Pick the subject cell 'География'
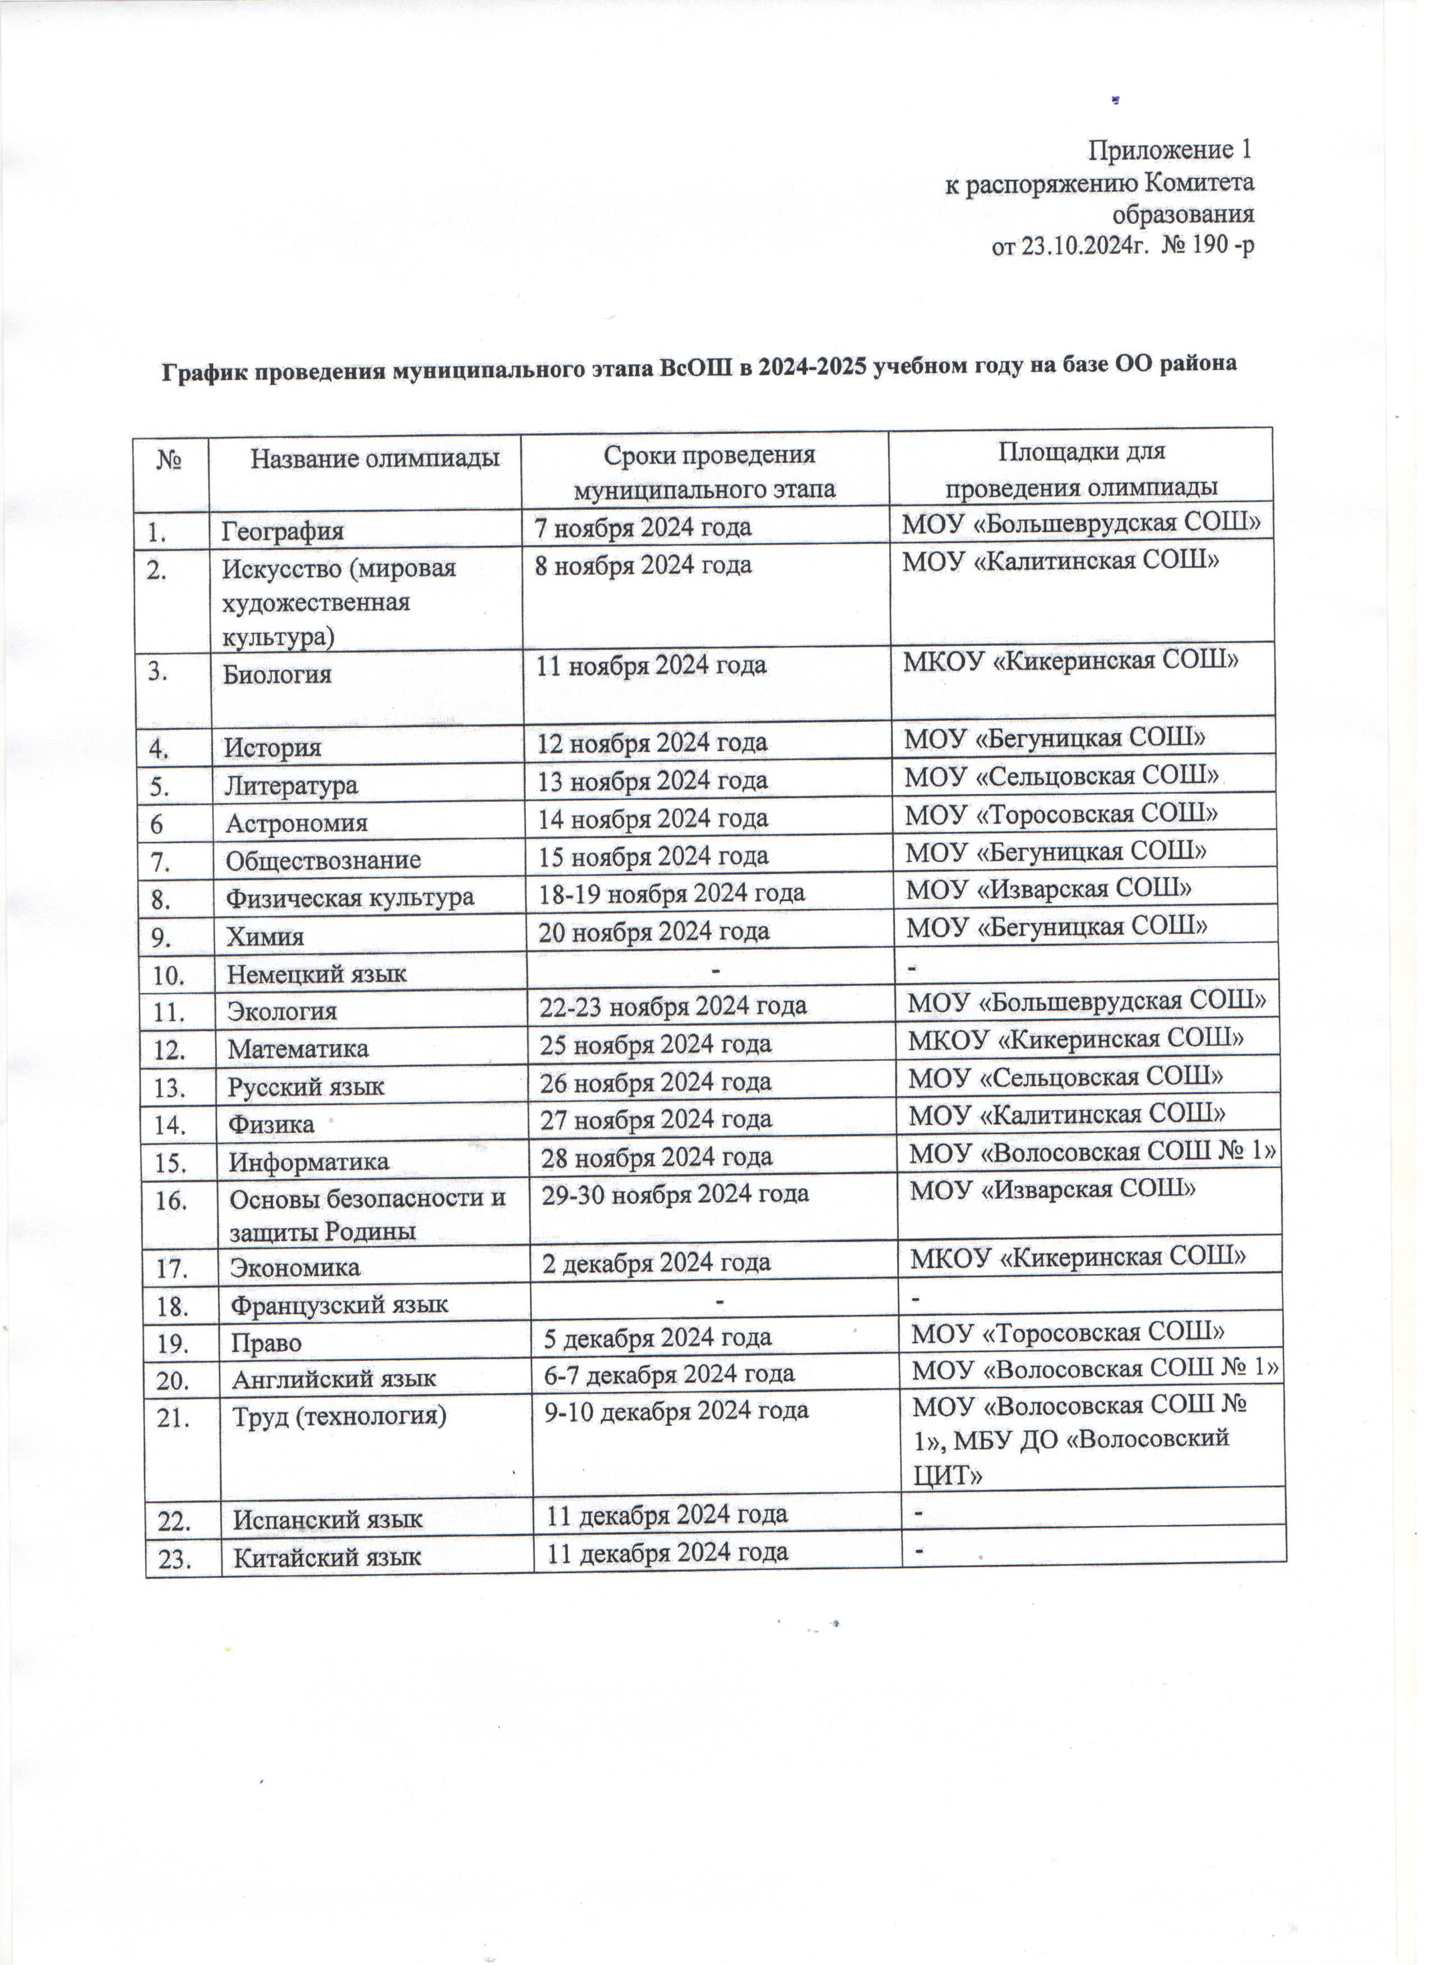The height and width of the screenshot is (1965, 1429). coord(283,530)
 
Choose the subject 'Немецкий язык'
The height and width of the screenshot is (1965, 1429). coord(317,974)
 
